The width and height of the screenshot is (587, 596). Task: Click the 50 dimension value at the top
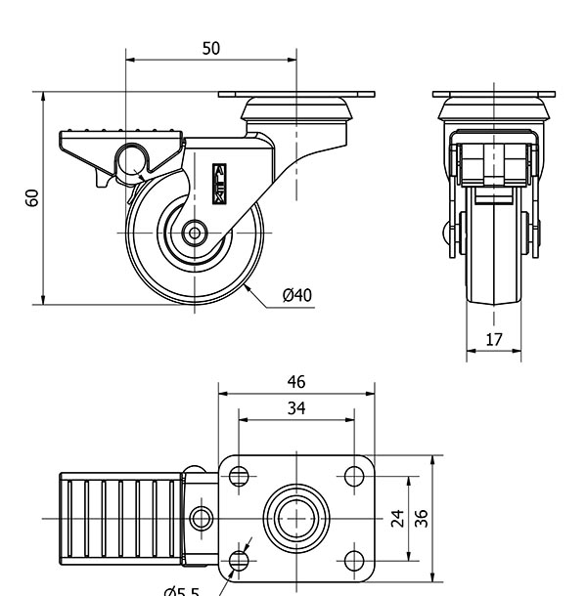point(211,48)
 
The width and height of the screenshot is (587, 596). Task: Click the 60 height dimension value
point(32,197)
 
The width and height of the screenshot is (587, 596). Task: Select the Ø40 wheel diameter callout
point(296,294)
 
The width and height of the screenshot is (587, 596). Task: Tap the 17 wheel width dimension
point(494,340)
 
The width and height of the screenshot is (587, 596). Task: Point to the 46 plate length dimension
point(295,382)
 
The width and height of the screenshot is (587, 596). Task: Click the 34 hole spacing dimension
point(295,408)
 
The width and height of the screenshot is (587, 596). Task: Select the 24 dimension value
point(398,517)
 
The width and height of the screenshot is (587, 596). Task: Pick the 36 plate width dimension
point(422,517)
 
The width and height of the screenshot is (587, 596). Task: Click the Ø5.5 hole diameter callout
point(181,590)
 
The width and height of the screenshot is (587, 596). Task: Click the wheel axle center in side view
point(195,234)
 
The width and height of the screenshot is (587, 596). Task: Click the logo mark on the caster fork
point(220,183)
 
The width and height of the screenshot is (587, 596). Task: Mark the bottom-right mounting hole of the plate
point(353,559)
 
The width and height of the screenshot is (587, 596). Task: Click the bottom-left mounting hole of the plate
point(238,559)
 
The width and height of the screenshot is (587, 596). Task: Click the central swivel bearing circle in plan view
point(295,517)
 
